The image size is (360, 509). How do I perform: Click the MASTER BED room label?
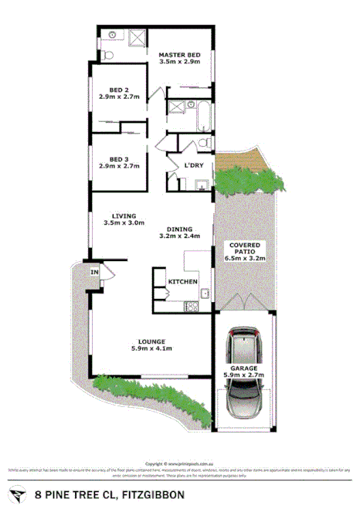tap(179, 55)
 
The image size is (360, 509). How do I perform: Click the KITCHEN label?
tap(183, 281)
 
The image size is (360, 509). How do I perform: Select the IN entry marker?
tap(95, 272)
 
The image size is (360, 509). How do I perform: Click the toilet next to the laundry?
tap(203, 142)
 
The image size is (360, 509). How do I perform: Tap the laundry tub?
tap(201, 184)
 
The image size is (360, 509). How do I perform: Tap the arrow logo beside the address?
tap(16, 493)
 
